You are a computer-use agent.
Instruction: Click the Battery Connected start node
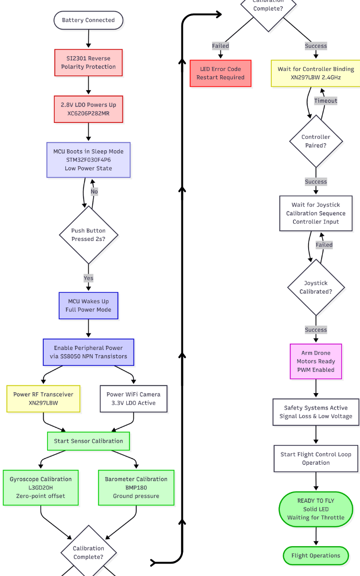(x=88, y=20)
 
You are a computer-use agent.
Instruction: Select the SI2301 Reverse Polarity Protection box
(x=88, y=62)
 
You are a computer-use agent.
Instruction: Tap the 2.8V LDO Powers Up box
(x=88, y=109)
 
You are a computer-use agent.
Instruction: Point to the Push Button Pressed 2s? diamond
(x=88, y=235)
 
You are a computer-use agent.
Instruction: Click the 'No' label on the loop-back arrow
(x=94, y=192)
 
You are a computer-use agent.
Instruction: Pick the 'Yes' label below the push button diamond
(x=88, y=278)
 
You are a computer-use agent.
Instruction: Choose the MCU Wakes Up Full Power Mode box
(x=88, y=306)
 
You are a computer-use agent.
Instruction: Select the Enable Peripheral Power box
(x=88, y=352)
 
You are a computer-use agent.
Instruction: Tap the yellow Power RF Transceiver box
(x=43, y=399)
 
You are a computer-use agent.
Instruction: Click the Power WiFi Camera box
(x=133, y=399)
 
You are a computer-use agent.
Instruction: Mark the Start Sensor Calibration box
(x=88, y=441)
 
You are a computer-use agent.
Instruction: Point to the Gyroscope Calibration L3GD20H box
(x=41, y=488)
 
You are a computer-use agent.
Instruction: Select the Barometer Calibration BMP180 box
(x=136, y=488)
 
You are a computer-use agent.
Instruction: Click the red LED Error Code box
(x=221, y=73)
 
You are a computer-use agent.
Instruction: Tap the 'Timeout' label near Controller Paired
(x=325, y=101)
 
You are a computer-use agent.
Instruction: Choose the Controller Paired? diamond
(x=316, y=141)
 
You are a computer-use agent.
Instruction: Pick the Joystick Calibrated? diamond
(x=316, y=287)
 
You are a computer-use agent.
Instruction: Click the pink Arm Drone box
(x=316, y=361)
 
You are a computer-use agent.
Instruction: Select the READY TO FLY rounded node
(x=316, y=509)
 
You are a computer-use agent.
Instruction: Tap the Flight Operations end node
(x=316, y=555)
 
